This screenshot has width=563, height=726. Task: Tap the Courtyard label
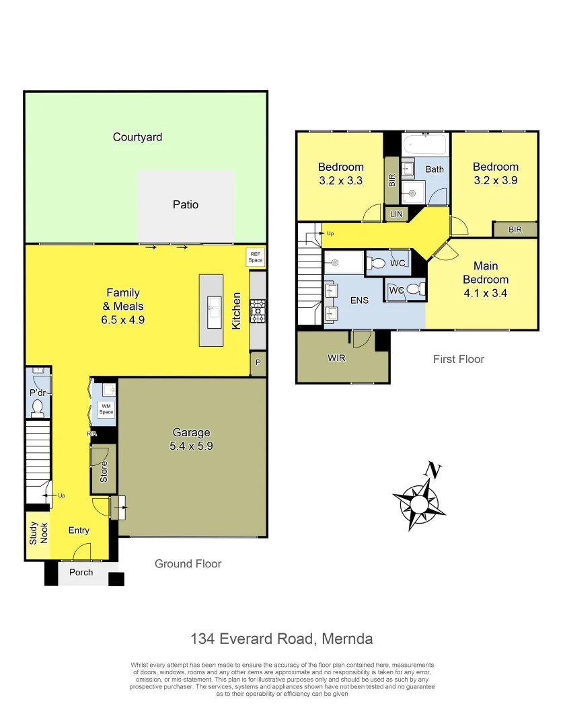[137, 137]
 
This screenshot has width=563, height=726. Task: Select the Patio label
[185, 204]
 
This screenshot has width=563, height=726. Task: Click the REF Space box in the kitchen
[256, 257]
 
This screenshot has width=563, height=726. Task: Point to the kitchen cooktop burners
[257, 311]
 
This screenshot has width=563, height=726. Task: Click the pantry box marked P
[258, 364]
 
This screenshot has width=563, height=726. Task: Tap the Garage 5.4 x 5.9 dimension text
[192, 445]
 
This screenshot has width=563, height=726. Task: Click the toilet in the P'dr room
[38, 407]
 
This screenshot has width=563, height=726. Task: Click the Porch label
[81, 573]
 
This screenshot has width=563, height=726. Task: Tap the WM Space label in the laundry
[106, 408]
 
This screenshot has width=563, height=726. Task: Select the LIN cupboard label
[396, 215]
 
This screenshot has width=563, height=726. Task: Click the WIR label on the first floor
[336, 358]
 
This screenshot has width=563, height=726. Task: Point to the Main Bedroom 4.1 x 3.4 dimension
[485, 293]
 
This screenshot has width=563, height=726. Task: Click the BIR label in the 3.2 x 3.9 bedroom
[515, 229]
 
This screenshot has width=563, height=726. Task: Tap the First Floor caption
[458, 359]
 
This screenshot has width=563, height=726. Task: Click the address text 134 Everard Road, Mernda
[281, 638]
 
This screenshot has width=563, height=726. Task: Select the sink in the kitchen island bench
[214, 311]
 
